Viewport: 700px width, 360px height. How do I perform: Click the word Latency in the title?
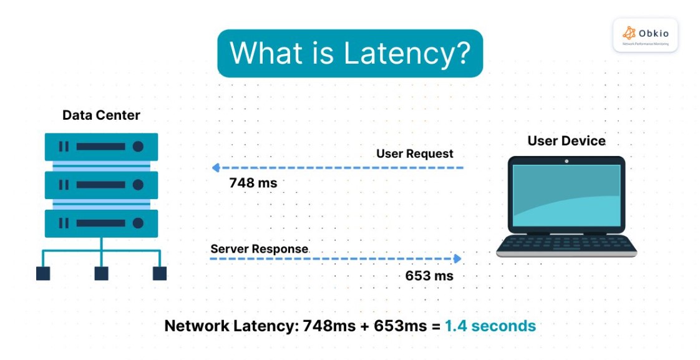pyautogui.click(x=399, y=54)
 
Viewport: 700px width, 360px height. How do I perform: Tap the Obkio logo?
pyautogui.click(x=645, y=34)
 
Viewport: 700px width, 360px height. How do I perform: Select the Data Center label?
pyautogui.click(x=101, y=115)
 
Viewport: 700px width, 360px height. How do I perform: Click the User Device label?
pyautogui.click(x=566, y=141)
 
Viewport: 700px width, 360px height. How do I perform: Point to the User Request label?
pyautogui.click(x=415, y=153)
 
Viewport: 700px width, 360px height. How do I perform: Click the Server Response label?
pyautogui.click(x=259, y=249)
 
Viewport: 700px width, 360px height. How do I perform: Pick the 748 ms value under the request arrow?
pyautogui.click(x=253, y=183)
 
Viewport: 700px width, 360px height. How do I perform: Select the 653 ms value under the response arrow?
pyautogui.click(x=429, y=275)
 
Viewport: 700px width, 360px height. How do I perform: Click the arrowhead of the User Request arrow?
pyautogui.click(x=215, y=168)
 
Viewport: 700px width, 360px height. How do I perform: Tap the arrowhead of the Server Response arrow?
pyautogui.click(x=458, y=258)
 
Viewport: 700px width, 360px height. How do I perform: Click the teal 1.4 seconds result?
pyautogui.click(x=490, y=326)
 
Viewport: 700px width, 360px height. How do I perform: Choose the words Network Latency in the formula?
pyautogui.click(x=229, y=326)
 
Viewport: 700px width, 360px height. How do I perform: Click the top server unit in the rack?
pyautogui.click(x=101, y=147)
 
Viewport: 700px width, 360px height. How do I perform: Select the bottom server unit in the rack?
pyautogui.click(x=101, y=223)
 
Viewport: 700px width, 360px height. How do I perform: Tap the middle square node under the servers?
pyautogui.click(x=101, y=273)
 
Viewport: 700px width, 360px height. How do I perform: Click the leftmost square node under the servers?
pyautogui.click(x=43, y=273)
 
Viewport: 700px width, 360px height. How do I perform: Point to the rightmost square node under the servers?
pyautogui.click(x=160, y=273)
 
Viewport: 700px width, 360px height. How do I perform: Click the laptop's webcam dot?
pyautogui.click(x=566, y=161)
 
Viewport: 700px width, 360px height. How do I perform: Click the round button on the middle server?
pyautogui.click(x=138, y=185)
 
